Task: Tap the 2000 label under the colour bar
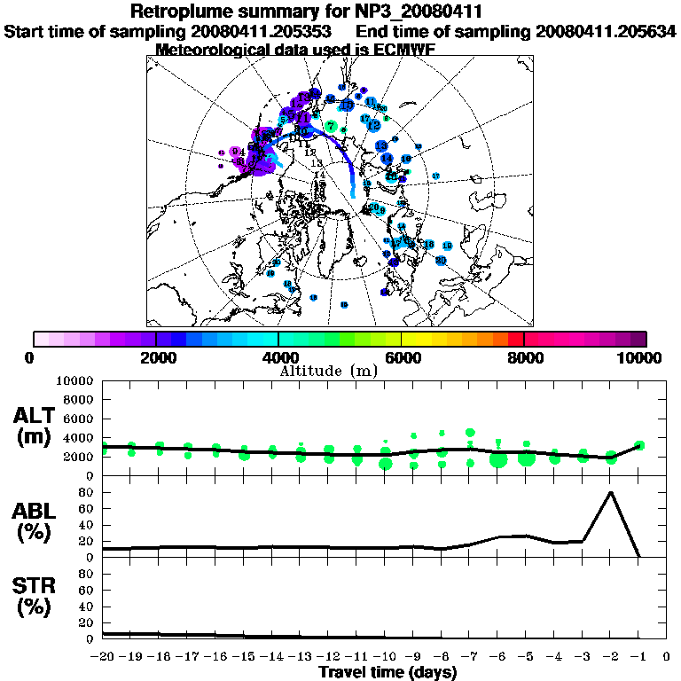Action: click(x=156, y=357)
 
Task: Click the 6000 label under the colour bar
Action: click(x=401, y=357)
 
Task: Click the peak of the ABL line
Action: click(x=610, y=492)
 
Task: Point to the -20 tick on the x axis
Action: click(x=103, y=656)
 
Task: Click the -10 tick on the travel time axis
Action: click(x=385, y=656)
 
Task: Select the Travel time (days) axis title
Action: click(x=387, y=673)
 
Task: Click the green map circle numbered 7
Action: click(x=331, y=127)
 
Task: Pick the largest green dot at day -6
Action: click(x=497, y=458)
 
